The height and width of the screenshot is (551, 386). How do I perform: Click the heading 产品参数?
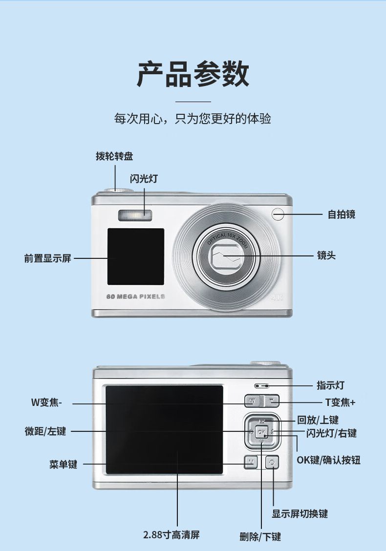(x=193, y=74)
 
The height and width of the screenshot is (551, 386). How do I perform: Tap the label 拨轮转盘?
(x=114, y=156)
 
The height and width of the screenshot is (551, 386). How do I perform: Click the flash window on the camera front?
(x=134, y=214)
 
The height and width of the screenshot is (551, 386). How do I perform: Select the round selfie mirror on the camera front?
(x=278, y=213)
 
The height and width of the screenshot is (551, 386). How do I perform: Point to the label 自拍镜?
(x=341, y=214)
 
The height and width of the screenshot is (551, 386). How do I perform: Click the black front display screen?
(x=136, y=256)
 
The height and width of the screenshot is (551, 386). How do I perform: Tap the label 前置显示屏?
(x=47, y=258)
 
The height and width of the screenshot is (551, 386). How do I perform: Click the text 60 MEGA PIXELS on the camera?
(x=136, y=297)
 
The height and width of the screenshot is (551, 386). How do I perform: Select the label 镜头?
(x=326, y=255)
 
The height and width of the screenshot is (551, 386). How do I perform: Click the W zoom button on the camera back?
(x=252, y=401)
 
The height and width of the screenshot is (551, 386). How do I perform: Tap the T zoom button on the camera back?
(x=272, y=401)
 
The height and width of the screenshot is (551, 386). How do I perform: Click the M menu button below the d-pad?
(x=251, y=461)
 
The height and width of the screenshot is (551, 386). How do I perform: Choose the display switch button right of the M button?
(x=272, y=462)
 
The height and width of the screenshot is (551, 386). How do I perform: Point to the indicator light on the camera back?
(x=261, y=385)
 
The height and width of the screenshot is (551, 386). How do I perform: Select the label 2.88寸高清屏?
(x=171, y=534)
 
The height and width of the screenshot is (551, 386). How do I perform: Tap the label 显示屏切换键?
(x=300, y=513)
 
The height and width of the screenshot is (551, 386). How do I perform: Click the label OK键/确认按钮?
(x=328, y=460)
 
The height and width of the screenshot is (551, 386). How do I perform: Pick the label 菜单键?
(x=63, y=464)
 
